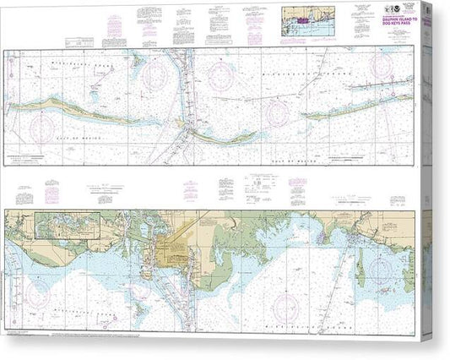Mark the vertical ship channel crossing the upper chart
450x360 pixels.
181,101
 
